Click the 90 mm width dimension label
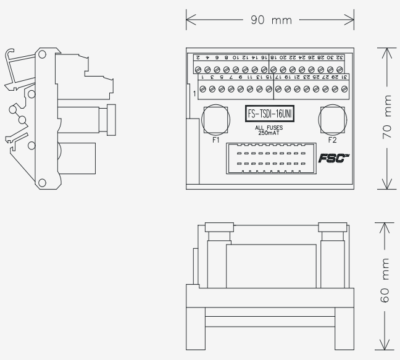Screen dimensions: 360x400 [x=270, y=20]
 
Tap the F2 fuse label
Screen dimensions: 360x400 [x=333, y=140]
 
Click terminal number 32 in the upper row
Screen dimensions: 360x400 [x=340, y=57]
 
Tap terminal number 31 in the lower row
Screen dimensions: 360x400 [x=344, y=77]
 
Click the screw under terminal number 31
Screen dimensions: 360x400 [x=344, y=89]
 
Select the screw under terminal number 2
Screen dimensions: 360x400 [x=199, y=69]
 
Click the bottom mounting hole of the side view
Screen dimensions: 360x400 [x=42, y=182]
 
